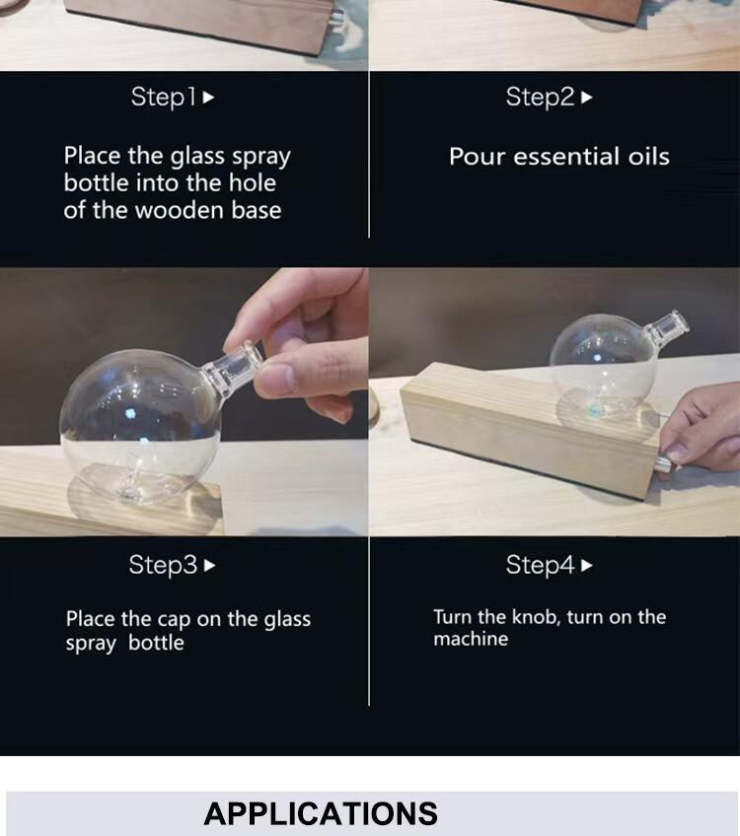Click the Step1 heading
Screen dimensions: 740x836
(x=163, y=98)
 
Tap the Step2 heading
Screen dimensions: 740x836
(x=540, y=98)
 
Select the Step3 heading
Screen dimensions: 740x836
(x=163, y=565)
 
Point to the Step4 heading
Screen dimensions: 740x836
(x=540, y=565)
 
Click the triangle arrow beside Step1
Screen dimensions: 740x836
(x=208, y=98)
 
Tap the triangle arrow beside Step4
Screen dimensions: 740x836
(x=586, y=565)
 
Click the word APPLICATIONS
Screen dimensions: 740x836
(x=321, y=813)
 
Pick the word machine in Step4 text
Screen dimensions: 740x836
(x=471, y=639)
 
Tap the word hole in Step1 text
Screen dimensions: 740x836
(x=253, y=183)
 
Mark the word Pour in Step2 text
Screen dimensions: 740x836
(x=477, y=157)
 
